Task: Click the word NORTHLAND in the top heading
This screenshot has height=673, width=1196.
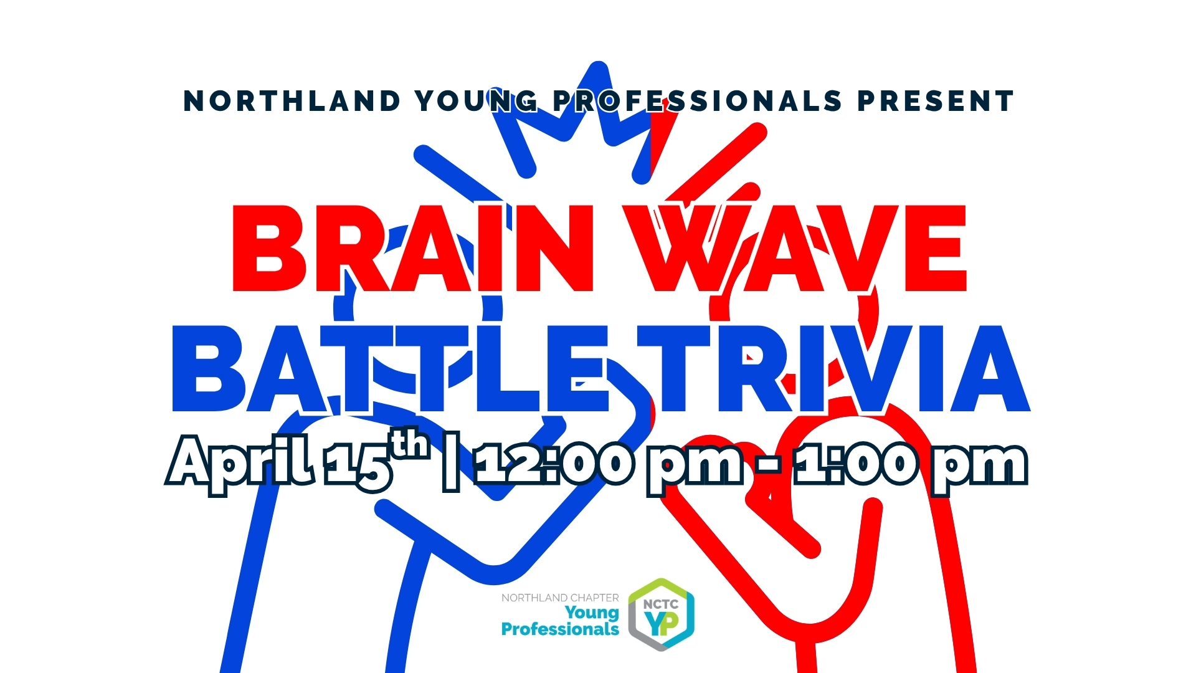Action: [292, 101]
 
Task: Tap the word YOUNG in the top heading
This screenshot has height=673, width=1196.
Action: [477, 101]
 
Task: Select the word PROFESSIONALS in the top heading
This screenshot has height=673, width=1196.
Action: [698, 101]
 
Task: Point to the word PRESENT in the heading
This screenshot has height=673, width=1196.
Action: [936, 101]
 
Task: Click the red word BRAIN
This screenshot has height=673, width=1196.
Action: [413, 248]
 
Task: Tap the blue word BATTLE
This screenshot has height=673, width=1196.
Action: [390, 368]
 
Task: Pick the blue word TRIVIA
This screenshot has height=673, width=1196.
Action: [834, 368]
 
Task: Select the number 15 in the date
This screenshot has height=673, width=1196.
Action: [359, 465]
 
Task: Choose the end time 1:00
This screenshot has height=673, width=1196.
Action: [856, 464]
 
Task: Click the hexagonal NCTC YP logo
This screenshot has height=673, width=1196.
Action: [661, 615]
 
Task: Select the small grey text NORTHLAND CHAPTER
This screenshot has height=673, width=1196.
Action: [560, 598]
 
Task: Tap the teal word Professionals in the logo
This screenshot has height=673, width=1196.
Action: [560, 629]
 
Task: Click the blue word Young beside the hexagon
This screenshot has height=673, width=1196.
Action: [592, 613]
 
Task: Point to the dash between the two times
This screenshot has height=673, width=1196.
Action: [770, 466]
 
